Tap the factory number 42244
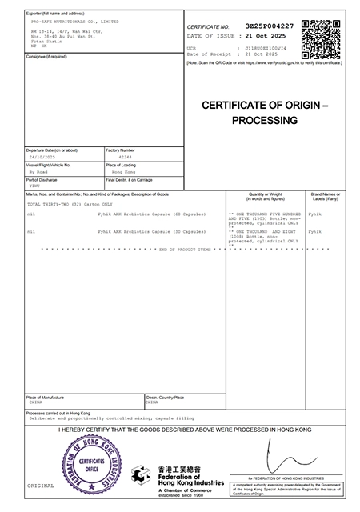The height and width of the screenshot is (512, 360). click(126, 158)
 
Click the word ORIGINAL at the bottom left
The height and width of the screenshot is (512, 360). click(41, 486)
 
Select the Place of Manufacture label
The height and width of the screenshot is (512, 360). click(45, 397)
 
